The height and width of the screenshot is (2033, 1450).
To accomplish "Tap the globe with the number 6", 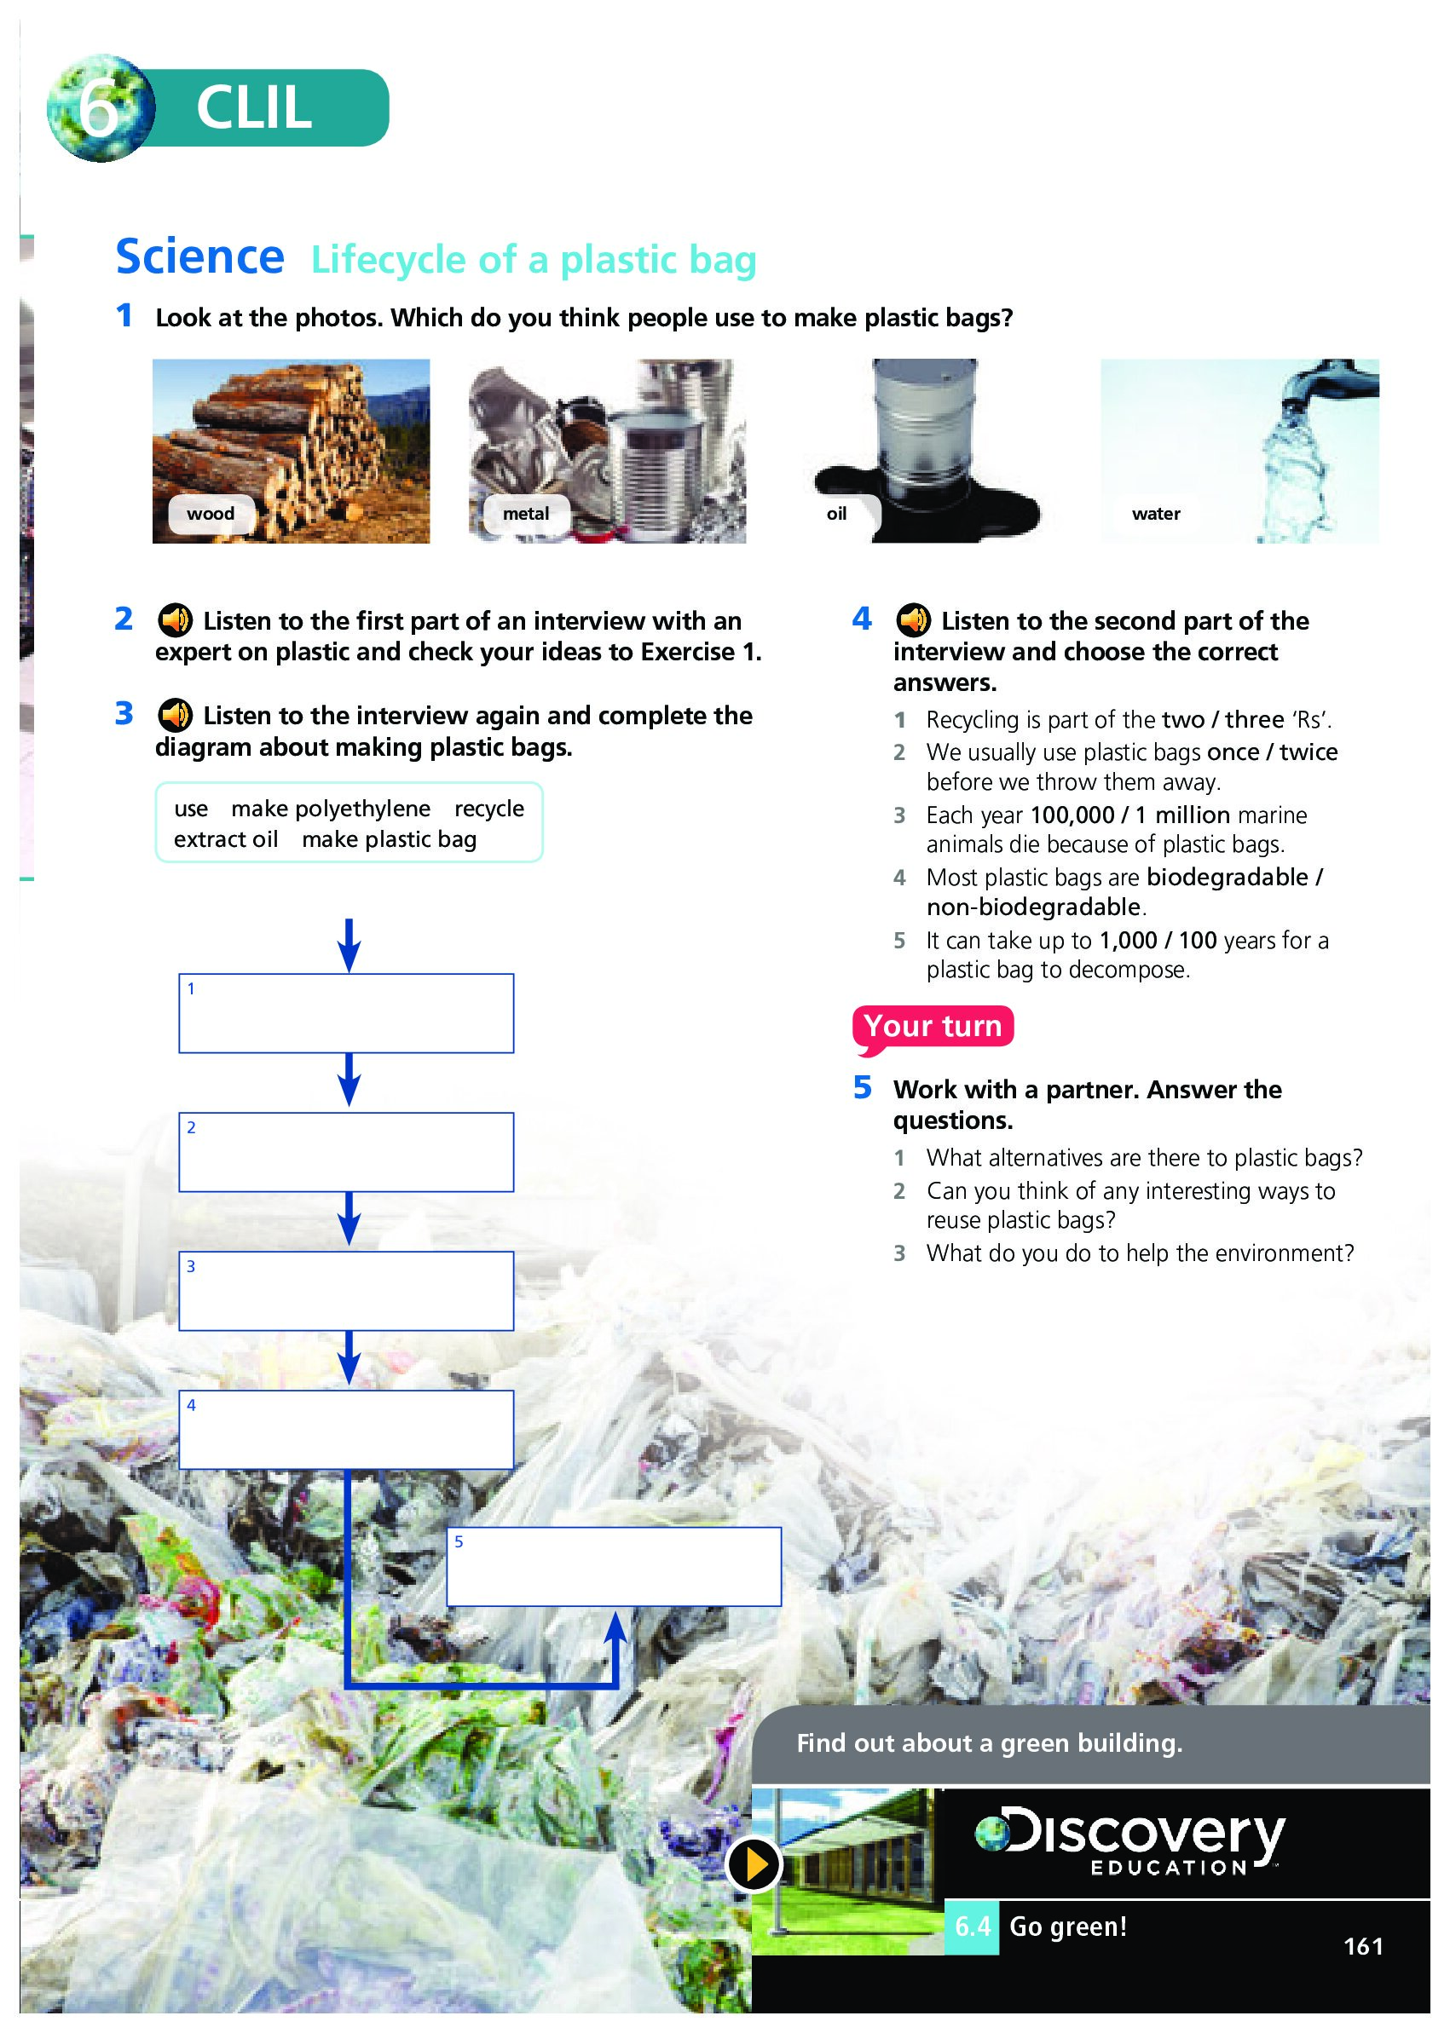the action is tap(101, 108).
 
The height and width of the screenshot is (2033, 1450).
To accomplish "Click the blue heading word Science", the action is tap(200, 257).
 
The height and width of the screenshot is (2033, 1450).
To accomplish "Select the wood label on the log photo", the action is tap(211, 514).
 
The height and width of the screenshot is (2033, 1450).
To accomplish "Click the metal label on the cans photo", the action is tap(526, 514).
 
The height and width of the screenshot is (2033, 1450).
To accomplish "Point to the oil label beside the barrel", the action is tap(836, 514).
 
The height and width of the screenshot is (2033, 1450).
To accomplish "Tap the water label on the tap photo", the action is tap(1156, 514).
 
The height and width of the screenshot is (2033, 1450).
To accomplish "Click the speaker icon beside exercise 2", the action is tap(175, 620).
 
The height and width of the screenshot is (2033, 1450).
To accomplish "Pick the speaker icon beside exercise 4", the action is tap(914, 620).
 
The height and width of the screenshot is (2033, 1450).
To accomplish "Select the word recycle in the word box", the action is tap(489, 809).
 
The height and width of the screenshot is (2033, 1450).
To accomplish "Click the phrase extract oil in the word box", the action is tap(226, 840).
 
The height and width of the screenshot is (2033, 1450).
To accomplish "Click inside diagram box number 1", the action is tap(346, 1014).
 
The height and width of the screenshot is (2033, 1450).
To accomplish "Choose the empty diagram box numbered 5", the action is tap(615, 1567).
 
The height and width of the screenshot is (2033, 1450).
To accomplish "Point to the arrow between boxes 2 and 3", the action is tap(350, 1219).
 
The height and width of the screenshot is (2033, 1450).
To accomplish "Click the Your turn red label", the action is tap(933, 1027).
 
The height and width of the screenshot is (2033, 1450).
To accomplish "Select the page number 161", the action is tap(1363, 1946).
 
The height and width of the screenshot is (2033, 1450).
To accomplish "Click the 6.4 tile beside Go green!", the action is tap(972, 1926).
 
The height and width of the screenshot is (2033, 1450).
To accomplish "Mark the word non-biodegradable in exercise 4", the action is tap(1034, 907).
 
